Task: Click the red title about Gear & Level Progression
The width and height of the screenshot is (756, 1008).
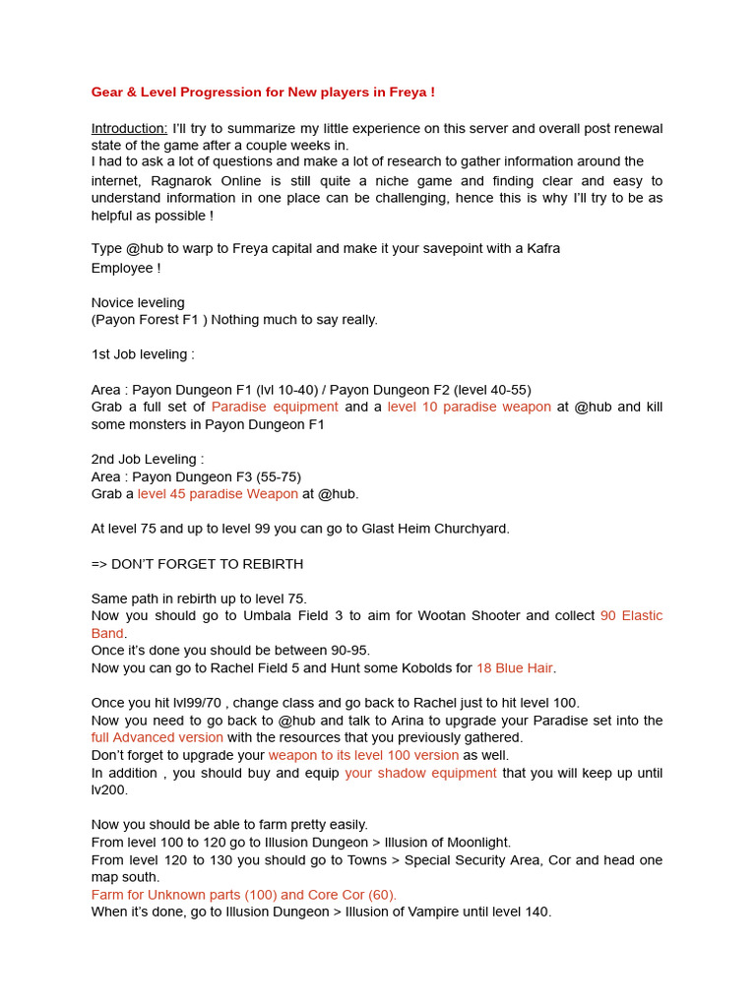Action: coord(263,93)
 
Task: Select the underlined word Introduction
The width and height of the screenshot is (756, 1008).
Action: coord(129,129)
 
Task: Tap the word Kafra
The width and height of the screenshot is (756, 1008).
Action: coord(540,249)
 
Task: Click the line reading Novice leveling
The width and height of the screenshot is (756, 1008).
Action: coord(138,303)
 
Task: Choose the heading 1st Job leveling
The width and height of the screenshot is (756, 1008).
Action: coord(143,354)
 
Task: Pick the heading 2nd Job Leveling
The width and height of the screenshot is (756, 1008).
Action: coord(148,460)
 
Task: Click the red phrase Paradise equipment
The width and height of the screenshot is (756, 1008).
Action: coord(275,408)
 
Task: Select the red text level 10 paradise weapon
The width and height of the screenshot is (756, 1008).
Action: coord(469,408)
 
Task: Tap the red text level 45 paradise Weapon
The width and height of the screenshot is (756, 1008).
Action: coord(218,494)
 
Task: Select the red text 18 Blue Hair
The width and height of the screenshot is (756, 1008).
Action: coord(514,668)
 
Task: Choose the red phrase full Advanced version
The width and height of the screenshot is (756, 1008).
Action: coord(157,737)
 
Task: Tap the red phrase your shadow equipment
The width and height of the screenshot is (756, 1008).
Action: coord(420,773)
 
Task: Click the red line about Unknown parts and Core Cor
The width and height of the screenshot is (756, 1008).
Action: coord(243,895)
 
